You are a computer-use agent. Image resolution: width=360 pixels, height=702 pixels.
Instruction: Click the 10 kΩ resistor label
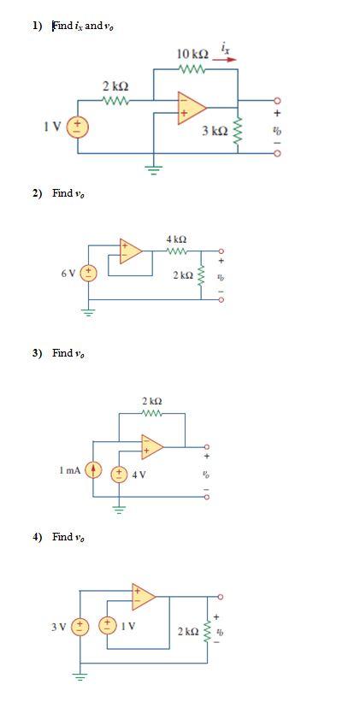(192, 54)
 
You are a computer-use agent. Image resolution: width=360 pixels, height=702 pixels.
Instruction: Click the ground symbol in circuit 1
(154, 168)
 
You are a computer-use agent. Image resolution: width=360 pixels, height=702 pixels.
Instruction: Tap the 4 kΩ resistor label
(176, 239)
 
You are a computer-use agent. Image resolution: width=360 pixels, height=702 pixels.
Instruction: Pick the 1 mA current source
(94, 470)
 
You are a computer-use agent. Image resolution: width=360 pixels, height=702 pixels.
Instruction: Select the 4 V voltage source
(121, 475)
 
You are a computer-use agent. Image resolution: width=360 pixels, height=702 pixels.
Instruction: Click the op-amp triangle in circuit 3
(153, 446)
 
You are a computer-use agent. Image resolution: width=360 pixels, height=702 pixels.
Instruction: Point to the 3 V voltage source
(80, 627)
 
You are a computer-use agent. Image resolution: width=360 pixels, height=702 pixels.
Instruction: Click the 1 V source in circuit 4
(108, 627)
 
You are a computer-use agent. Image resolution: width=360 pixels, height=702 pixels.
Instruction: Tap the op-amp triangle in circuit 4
(143, 596)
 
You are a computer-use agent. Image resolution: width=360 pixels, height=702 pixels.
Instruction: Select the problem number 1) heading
(37, 26)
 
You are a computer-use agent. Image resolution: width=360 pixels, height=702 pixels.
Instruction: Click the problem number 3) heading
(37, 353)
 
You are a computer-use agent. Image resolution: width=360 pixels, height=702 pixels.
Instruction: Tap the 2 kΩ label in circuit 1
(115, 86)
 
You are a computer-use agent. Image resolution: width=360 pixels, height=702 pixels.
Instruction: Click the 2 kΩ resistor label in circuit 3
(151, 401)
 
